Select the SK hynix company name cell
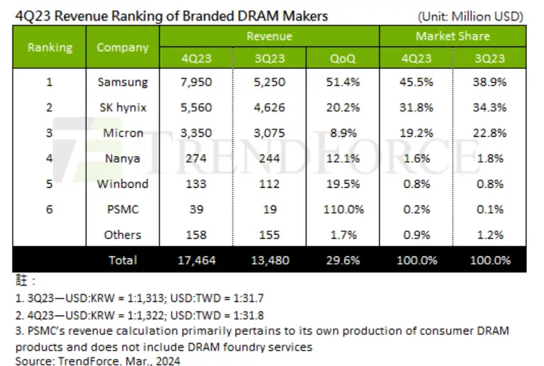point(123,107)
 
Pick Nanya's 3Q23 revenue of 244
point(269,158)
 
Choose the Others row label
point(123,235)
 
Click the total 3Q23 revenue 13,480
point(269,260)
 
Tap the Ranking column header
point(50,48)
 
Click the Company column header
point(123,48)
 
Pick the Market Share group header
point(453,36)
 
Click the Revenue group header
point(269,36)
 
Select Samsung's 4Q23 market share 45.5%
point(416,82)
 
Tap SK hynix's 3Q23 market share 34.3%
point(489,107)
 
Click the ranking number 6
point(50,209)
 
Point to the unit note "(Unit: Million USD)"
point(470,16)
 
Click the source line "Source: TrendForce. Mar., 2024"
point(97,361)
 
